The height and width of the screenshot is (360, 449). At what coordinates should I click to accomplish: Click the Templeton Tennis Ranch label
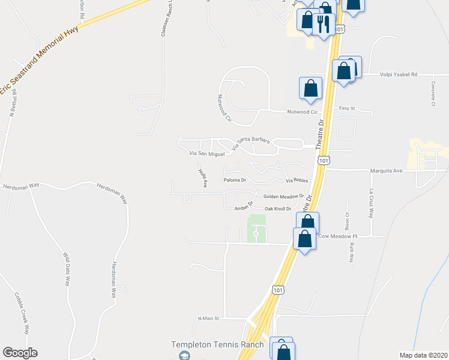point(217,344)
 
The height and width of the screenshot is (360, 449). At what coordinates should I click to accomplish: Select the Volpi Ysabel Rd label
point(399,74)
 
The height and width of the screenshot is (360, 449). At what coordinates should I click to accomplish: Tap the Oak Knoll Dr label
point(278,209)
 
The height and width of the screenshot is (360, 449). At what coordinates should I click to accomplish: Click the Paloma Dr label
point(235,180)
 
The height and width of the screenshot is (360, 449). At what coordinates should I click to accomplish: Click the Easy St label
point(348,109)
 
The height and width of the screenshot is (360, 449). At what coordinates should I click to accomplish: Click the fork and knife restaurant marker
point(324,24)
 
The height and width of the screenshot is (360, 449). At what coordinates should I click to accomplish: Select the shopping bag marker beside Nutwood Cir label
point(310,88)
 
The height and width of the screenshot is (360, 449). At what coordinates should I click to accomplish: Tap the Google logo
point(20,353)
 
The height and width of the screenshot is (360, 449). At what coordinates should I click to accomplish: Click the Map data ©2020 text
point(423,355)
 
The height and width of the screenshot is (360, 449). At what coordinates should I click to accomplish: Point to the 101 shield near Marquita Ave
point(324,161)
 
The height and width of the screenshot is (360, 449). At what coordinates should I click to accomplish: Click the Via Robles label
point(297,181)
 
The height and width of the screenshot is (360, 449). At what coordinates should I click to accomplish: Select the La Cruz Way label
point(372,204)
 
